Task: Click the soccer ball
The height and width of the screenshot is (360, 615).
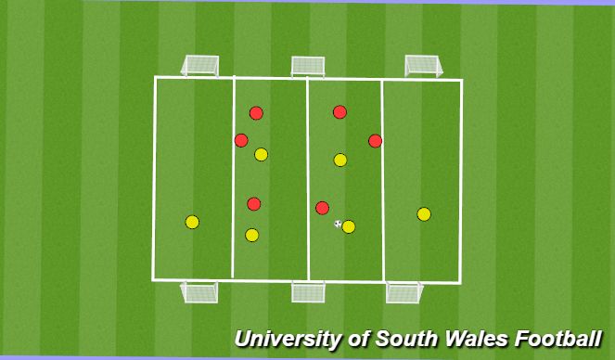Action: click(x=338, y=223)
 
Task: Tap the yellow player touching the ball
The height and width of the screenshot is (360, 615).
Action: click(x=349, y=226)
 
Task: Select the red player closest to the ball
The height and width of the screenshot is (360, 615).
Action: click(x=322, y=208)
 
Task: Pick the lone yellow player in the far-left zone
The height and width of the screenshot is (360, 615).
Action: click(x=192, y=222)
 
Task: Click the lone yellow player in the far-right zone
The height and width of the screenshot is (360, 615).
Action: click(x=424, y=214)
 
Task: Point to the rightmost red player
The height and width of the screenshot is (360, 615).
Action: click(x=375, y=141)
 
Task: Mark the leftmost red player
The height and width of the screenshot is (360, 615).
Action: click(x=241, y=140)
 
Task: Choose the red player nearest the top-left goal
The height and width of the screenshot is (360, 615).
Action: click(x=256, y=113)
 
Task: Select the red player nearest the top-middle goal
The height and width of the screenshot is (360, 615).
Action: click(x=340, y=112)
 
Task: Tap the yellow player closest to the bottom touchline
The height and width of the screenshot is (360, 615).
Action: click(x=251, y=235)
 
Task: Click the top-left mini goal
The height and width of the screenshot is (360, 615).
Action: click(x=200, y=65)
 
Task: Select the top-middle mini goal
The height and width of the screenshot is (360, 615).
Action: click(x=308, y=65)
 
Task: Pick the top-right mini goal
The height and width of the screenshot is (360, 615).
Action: click(x=423, y=65)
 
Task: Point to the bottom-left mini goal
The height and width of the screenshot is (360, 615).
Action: click(x=200, y=292)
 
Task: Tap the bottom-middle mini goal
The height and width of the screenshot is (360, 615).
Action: click(x=308, y=292)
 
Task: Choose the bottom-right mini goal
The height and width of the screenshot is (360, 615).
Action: click(x=404, y=292)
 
